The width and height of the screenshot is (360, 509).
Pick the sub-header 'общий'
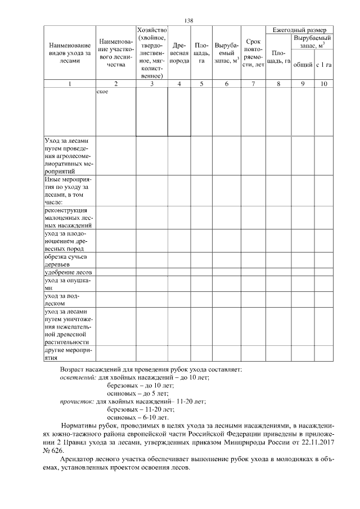pyautogui.click(x=303, y=65)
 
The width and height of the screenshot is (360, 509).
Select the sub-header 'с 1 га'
pyautogui.click(x=323, y=65)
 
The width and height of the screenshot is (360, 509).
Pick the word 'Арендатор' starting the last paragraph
pyautogui.click(x=76, y=460)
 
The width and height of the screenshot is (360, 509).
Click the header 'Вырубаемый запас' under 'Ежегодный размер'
pyautogui.click(x=312, y=41)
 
